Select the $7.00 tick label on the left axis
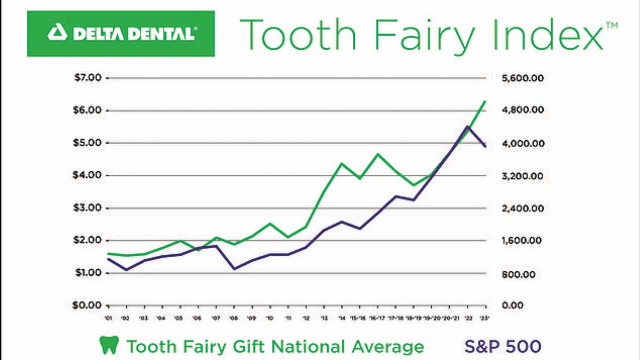[x=88, y=77]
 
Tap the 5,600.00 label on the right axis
[x=523, y=78]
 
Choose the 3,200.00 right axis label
[x=523, y=176]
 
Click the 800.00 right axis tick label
[x=519, y=274]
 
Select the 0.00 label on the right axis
[x=512, y=305]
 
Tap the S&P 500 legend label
[x=503, y=346]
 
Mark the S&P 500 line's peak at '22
[x=467, y=127]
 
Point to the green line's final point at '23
[x=485, y=101]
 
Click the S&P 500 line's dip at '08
[x=234, y=269]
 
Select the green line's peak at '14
[x=341, y=164]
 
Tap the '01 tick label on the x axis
[x=108, y=318]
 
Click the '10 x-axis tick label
[x=270, y=318]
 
